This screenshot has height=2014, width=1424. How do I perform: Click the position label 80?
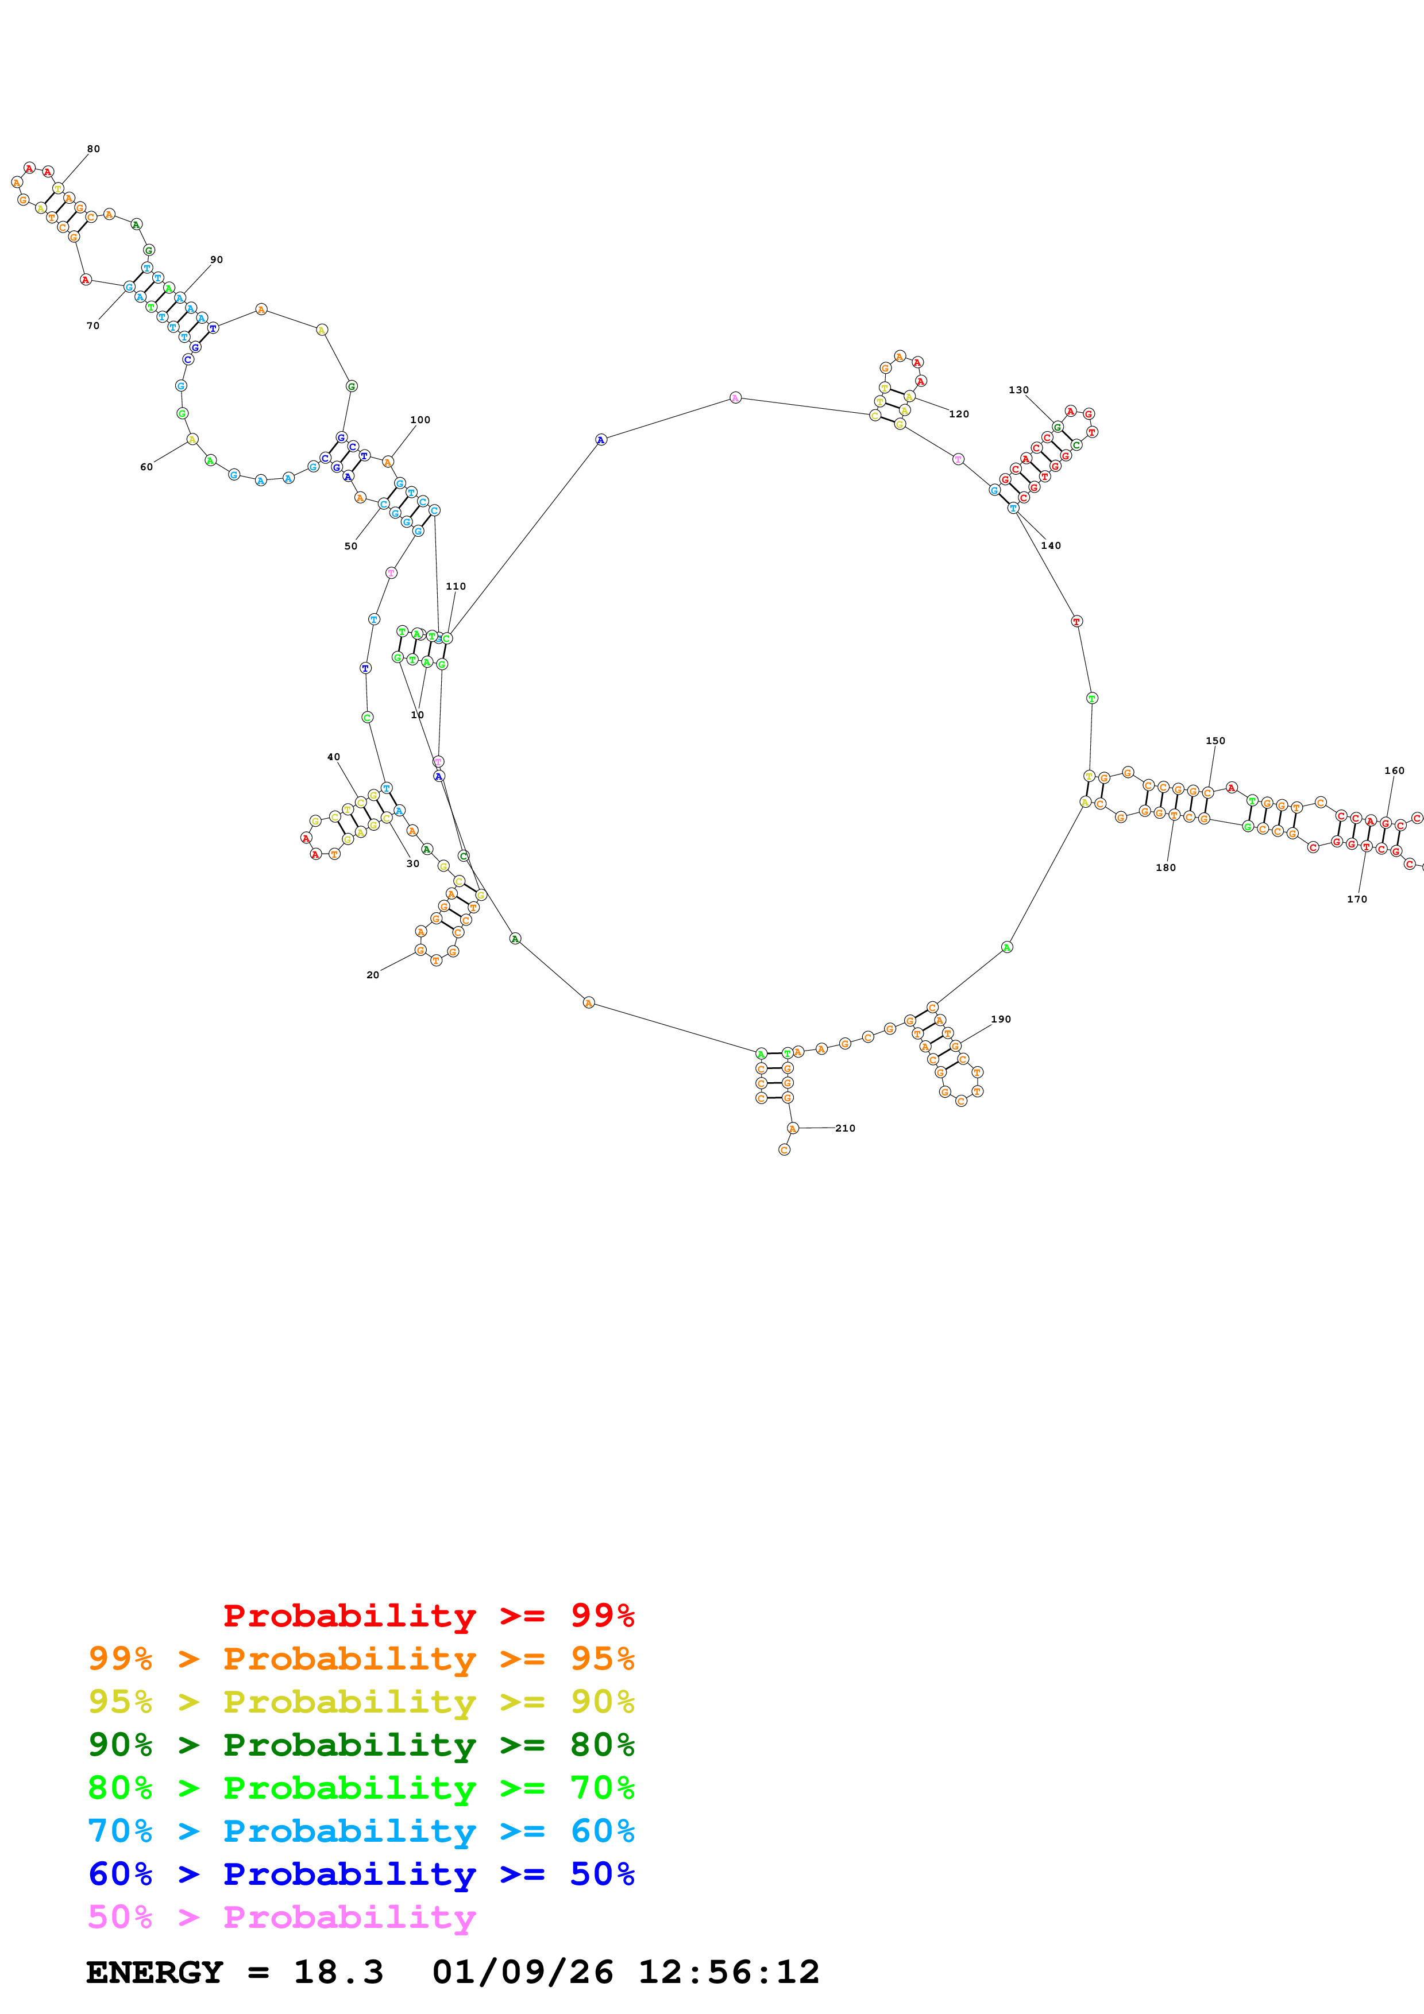(94, 149)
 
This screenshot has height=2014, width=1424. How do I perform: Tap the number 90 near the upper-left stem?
(217, 260)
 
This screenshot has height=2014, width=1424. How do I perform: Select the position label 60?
(146, 467)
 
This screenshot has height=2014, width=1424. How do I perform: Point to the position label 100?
(420, 420)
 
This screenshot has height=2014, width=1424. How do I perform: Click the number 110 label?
(456, 587)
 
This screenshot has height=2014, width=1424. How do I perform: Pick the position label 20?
(373, 974)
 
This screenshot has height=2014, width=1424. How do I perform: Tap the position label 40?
(333, 757)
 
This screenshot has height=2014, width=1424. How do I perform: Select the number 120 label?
(959, 414)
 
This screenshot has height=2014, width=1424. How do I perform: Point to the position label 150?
(1215, 741)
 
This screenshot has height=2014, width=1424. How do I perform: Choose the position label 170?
(1356, 899)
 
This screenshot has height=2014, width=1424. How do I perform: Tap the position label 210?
(845, 1128)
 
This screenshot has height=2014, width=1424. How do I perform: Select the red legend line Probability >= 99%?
(428, 1615)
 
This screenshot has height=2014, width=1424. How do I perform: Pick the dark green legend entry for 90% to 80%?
(361, 1745)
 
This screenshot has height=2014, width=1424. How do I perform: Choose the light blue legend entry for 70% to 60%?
(361, 1831)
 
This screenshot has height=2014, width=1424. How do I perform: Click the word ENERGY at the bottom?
(155, 1972)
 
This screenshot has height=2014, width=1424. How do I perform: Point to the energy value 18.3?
(339, 1972)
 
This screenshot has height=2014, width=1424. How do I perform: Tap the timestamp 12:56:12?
(728, 1972)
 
